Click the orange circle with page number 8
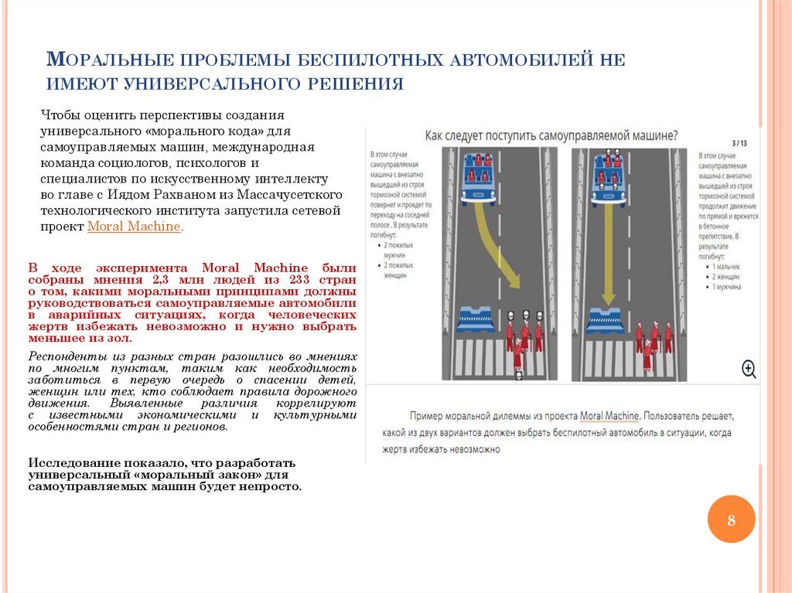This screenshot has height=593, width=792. coord(730,519)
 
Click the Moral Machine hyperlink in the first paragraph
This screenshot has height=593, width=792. coord(134,227)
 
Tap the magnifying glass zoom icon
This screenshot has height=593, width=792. coord(748,368)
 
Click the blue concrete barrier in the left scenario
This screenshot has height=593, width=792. coord(476,319)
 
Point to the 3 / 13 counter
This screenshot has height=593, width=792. coord(739,143)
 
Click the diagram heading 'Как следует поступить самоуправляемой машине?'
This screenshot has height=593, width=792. coord(551,135)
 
